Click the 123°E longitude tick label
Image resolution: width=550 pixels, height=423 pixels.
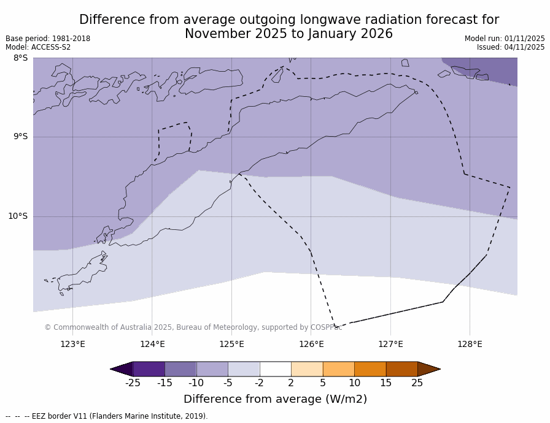(72, 344)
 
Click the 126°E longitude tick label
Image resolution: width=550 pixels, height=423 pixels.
(311, 344)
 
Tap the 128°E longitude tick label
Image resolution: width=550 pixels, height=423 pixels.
(470, 344)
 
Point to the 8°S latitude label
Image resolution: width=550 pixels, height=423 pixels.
(20, 58)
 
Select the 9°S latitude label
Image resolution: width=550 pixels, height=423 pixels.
(20, 137)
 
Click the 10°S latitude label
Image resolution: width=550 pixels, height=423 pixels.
(18, 216)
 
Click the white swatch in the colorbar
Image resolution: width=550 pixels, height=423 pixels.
(275, 369)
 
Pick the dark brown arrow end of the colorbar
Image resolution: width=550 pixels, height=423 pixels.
(428, 369)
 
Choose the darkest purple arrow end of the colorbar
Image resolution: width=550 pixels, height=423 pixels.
(122, 369)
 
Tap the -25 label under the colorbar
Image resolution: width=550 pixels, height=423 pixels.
(133, 383)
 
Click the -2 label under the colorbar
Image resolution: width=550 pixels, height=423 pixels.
(259, 383)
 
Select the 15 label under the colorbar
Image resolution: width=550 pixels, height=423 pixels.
(385, 383)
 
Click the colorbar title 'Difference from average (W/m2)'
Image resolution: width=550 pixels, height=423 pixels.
(275, 399)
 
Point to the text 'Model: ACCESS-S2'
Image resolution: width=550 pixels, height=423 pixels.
(38, 47)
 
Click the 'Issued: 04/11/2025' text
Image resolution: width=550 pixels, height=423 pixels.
(511, 47)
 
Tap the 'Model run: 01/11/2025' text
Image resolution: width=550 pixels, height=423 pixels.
(505, 39)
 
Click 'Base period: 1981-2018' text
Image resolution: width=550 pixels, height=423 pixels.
(48, 39)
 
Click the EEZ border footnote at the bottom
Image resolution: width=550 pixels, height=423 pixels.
(107, 416)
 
